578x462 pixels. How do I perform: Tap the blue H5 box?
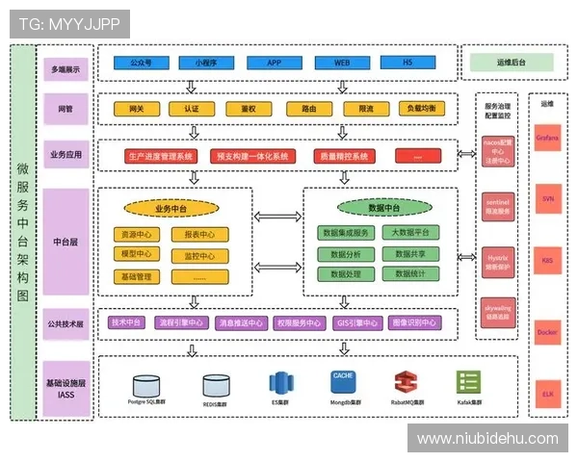(x=407, y=63)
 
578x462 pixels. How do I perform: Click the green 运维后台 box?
(x=511, y=63)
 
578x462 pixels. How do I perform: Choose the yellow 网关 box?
(x=136, y=109)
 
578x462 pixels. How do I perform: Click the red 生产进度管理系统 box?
(x=160, y=156)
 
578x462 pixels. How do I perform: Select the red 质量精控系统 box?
(x=343, y=156)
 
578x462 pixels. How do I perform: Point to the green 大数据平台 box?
(x=410, y=233)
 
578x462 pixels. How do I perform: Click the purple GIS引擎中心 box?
(x=356, y=322)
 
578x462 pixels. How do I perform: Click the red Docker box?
(x=547, y=333)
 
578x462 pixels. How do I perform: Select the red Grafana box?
(x=547, y=138)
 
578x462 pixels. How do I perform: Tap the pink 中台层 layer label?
(x=66, y=243)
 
